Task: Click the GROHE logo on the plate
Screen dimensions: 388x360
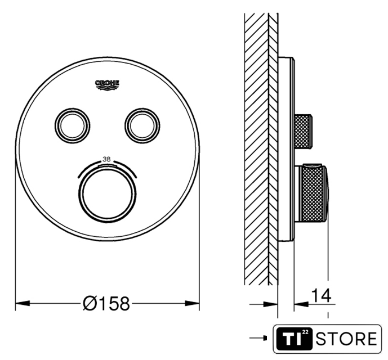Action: pyautogui.click(x=107, y=85)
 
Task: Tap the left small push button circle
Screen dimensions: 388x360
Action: pyautogui.click(x=72, y=125)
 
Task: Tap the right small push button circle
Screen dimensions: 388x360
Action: pyautogui.click(x=142, y=125)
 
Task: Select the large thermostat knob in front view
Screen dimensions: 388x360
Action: pyautogui.click(x=108, y=193)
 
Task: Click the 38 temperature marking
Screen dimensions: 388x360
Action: pyautogui.click(x=106, y=160)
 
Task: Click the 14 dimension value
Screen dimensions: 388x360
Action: pyautogui.click(x=321, y=295)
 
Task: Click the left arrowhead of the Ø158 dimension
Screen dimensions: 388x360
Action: pyautogui.click(x=23, y=303)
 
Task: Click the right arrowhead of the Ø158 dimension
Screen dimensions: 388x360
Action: pyautogui.click(x=192, y=303)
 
